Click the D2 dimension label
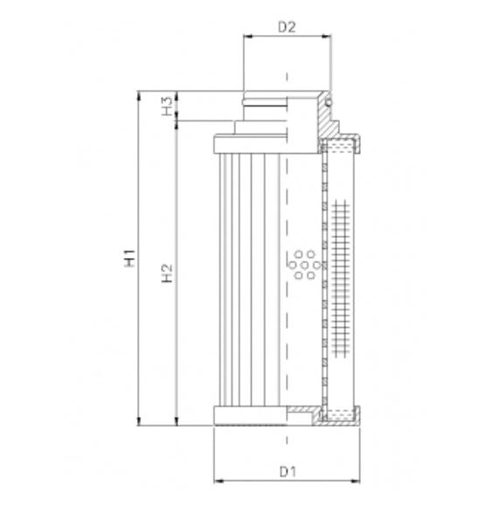pos(287,26)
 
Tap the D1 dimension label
pos(287,472)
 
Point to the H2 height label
pos(168,274)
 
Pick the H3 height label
pos(166,106)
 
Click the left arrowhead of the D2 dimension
pos(246,38)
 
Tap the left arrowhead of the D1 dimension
pos(217,481)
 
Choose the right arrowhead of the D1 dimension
pos(357,481)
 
